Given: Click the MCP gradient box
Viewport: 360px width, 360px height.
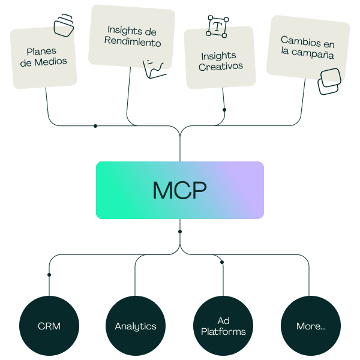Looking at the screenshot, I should pos(179,190).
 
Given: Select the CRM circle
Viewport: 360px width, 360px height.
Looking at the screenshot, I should pos(49,326).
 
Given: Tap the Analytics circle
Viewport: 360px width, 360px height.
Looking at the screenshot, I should pos(136,326).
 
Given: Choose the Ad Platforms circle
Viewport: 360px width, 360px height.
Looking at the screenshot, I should pos(223,326).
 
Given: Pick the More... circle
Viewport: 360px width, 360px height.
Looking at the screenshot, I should pos(311,326).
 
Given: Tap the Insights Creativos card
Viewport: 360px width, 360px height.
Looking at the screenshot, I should pos(221,61).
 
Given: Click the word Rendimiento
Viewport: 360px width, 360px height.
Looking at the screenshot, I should pos(133,43).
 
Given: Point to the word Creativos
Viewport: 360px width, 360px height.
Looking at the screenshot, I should pos(221,66).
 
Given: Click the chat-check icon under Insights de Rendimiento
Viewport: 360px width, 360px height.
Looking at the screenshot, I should pos(152,68).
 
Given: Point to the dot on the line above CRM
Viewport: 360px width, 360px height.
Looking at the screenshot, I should pos(49,275).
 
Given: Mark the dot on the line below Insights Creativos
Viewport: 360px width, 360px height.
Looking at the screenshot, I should pos(224,110).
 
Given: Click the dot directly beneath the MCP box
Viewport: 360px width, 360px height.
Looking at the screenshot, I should pos(180,231).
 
